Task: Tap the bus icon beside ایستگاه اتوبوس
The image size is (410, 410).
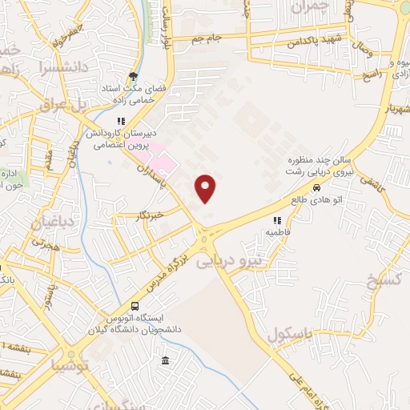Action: tap(135, 306)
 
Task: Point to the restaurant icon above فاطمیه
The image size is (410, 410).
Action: tap(277, 219)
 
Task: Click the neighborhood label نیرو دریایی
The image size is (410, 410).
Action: tap(229, 260)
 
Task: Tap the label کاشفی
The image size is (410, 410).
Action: tap(371, 184)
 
